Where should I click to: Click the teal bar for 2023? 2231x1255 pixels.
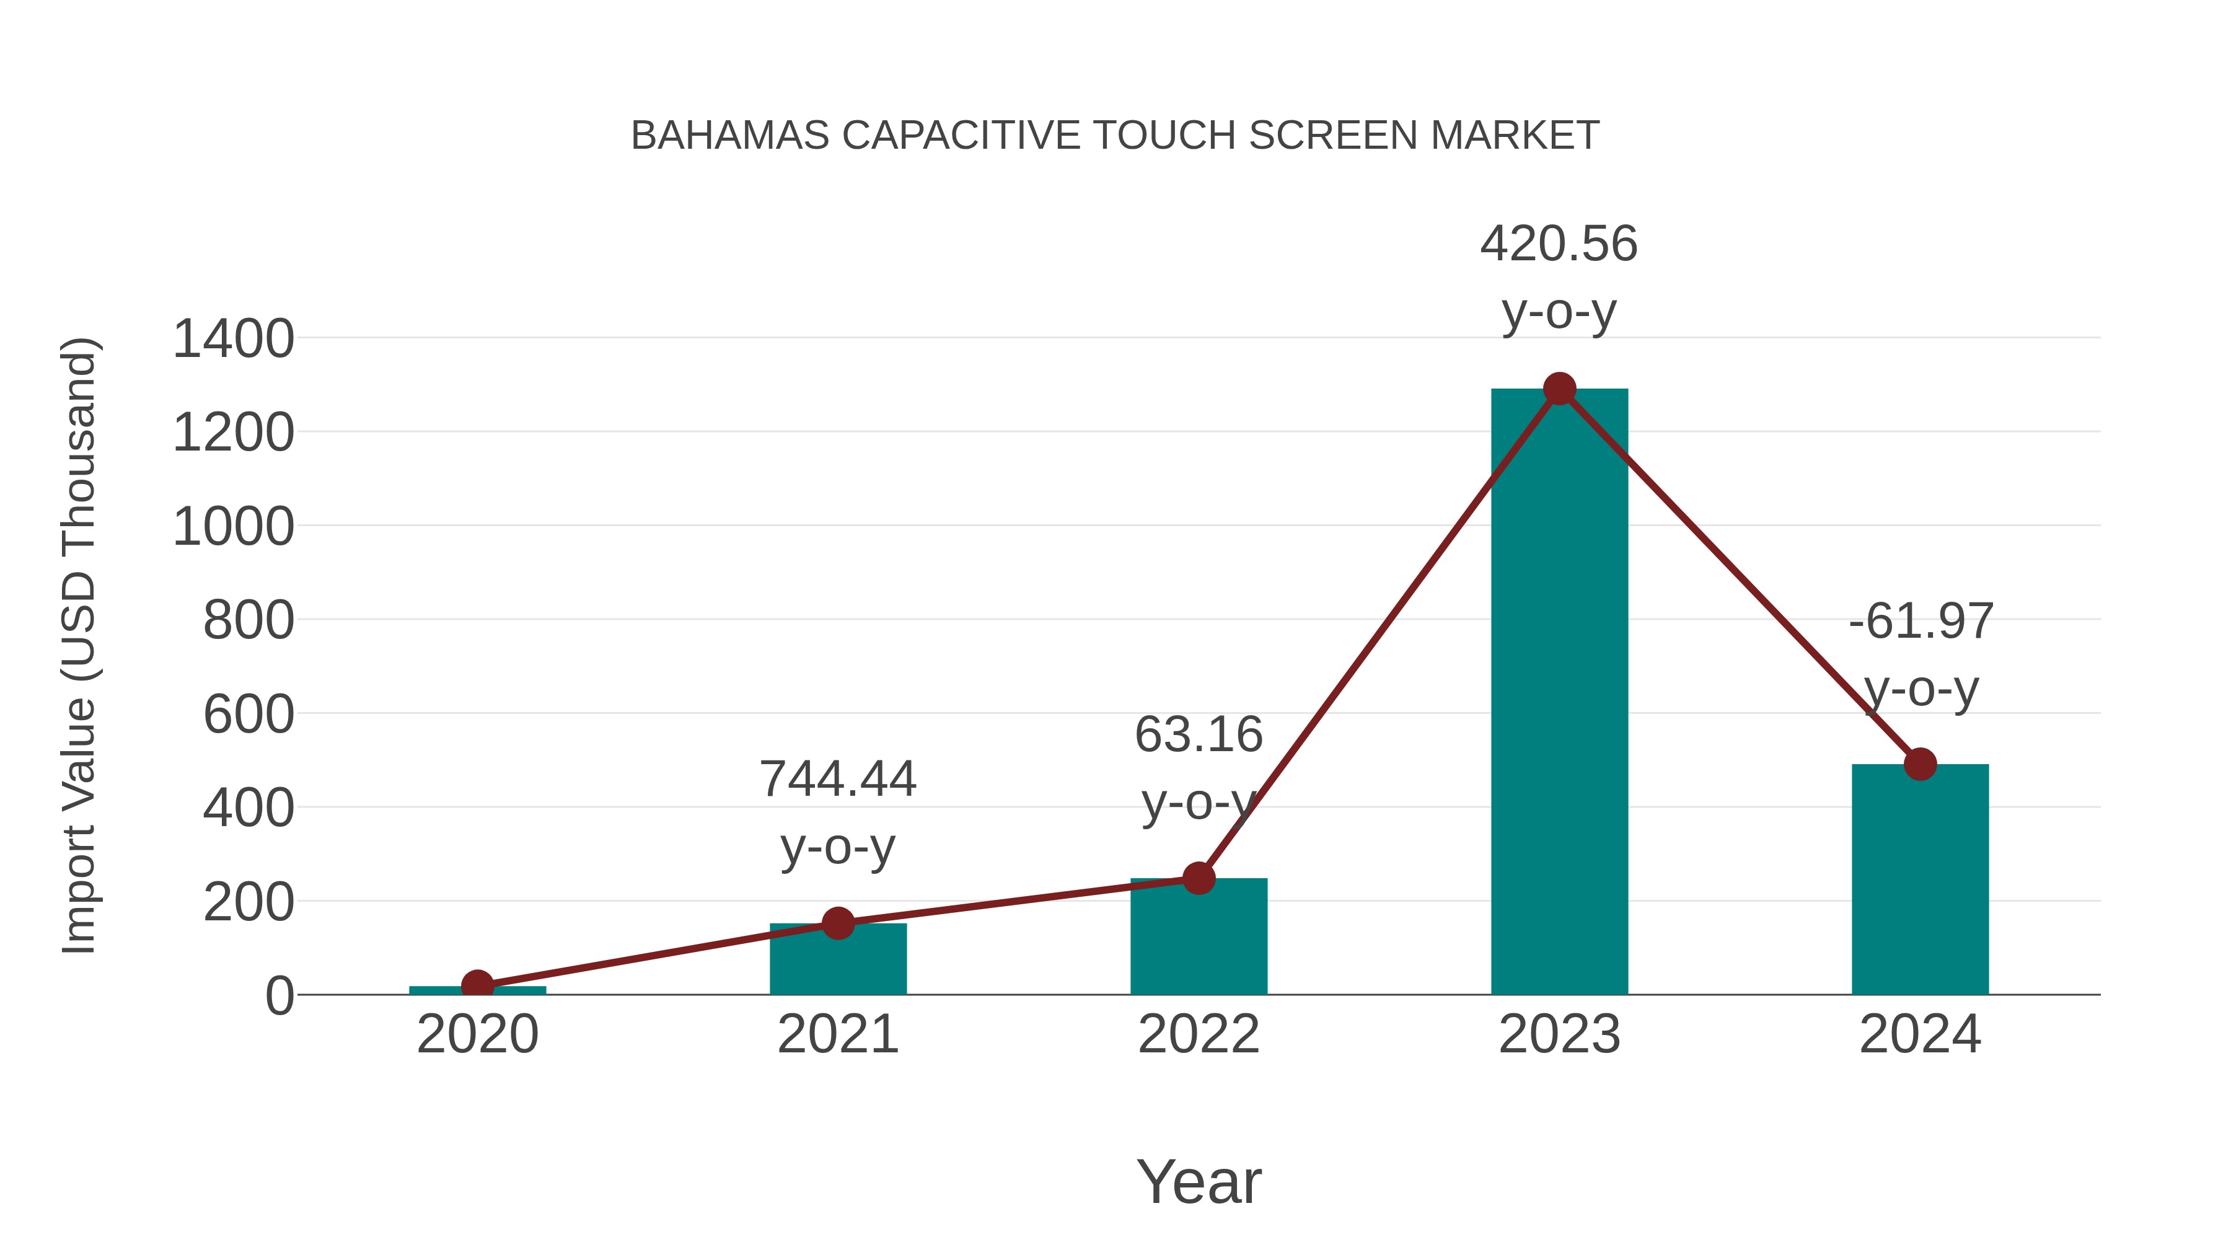click(x=1559, y=693)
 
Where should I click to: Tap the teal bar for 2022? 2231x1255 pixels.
click(x=1199, y=940)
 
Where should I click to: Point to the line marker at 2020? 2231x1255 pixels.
click(x=477, y=985)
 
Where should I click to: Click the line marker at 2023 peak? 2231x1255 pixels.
click(x=1559, y=389)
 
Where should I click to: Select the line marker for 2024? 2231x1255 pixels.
click(x=1920, y=764)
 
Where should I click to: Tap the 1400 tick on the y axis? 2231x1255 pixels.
click(x=233, y=338)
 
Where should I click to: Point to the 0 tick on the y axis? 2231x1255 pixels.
click(x=279, y=996)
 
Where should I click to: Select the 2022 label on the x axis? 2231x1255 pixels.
click(x=1199, y=1034)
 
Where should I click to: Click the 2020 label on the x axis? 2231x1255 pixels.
click(x=477, y=1034)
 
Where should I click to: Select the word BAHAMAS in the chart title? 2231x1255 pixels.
click(x=730, y=135)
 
